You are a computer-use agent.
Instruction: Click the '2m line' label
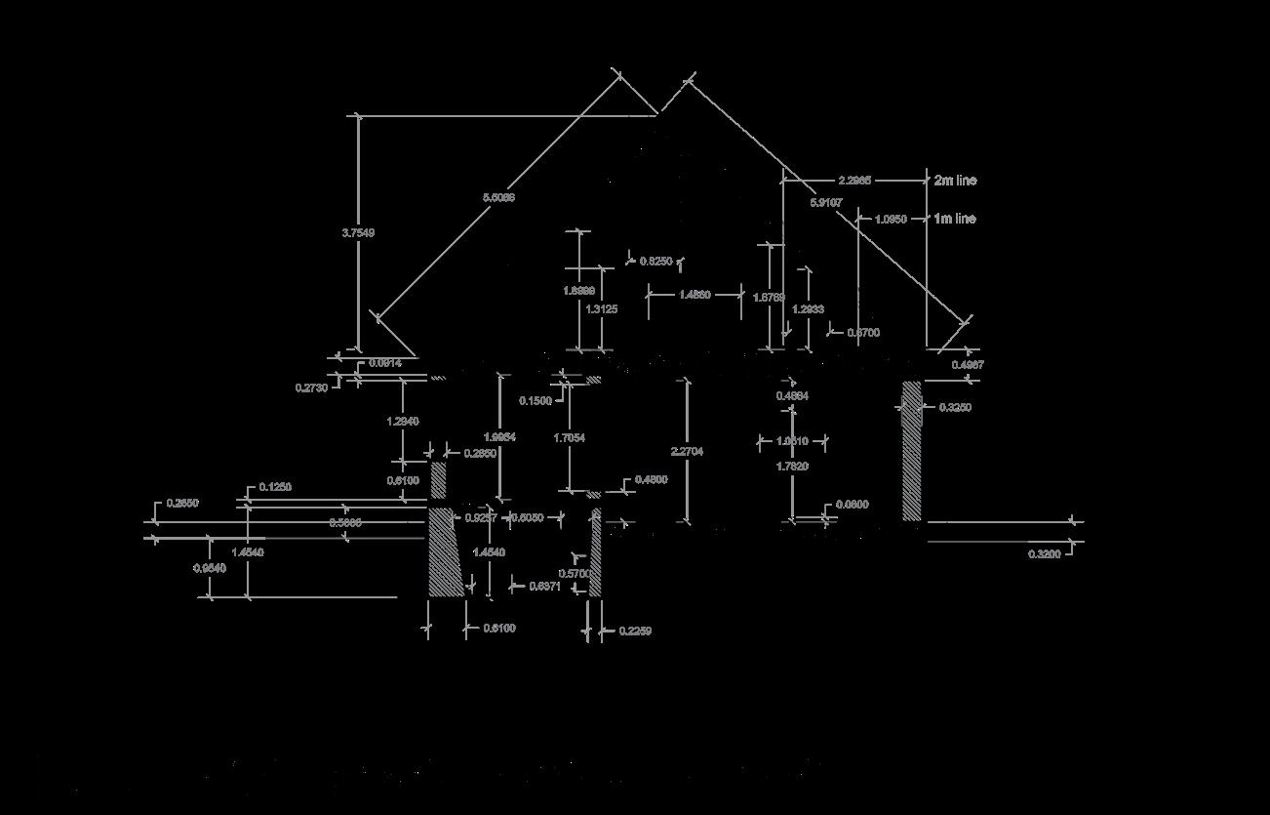[954, 181]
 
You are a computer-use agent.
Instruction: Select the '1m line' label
[954, 219]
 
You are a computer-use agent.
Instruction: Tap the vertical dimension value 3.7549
[358, 233]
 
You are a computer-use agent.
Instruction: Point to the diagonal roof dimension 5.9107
[826, 203]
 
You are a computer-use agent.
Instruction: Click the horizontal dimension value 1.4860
[694, 295]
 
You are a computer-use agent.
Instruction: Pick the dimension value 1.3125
[602, 309]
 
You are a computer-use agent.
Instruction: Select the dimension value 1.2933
[808, 309]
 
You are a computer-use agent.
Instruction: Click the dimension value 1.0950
[891, 220]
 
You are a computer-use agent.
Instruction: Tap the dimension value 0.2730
[311, 387]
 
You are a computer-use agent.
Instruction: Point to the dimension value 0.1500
[535, 401]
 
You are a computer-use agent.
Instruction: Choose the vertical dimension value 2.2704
[688, 452]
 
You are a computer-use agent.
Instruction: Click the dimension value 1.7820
[792, 467]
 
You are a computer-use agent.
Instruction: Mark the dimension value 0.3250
[955, 408]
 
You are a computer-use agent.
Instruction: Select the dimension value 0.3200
[1045, 554]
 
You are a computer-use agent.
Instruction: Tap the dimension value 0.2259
[635, 632]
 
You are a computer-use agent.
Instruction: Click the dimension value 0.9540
[210, 568]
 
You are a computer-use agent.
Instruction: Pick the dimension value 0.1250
[275, 487]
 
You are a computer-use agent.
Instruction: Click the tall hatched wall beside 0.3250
[912, 450]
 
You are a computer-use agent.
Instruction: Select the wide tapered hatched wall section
[445, 552]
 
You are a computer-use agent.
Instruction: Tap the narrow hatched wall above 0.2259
[595, 552]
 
